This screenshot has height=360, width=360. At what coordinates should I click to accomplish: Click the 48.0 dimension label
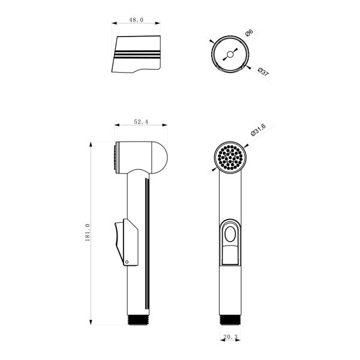pyautogui.click(x=136, y=20)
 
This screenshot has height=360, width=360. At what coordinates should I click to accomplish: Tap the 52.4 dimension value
pyautogui.click(x=141, y=122)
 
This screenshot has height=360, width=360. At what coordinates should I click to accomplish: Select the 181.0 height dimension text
pyautogui.click(x=88, y=232)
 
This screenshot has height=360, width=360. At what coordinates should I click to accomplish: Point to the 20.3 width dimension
pyautogui.click(x=230, y=337)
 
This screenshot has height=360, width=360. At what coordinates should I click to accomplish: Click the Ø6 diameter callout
pyautogui.click(x=249, y=33)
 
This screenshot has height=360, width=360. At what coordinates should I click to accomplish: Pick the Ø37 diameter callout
pyautogui.click(x=263, y=72)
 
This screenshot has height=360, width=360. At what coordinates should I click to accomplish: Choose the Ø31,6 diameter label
pyautogui.click(x=258, y=130)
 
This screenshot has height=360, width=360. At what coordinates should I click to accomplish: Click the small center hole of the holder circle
pyautogui.click(x=230, y=55)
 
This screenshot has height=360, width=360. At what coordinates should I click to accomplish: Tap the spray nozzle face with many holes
pyautogui.click(x=230, y=157)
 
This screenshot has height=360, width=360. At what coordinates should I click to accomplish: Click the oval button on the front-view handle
pyautogui.click(x=230, y=235)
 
